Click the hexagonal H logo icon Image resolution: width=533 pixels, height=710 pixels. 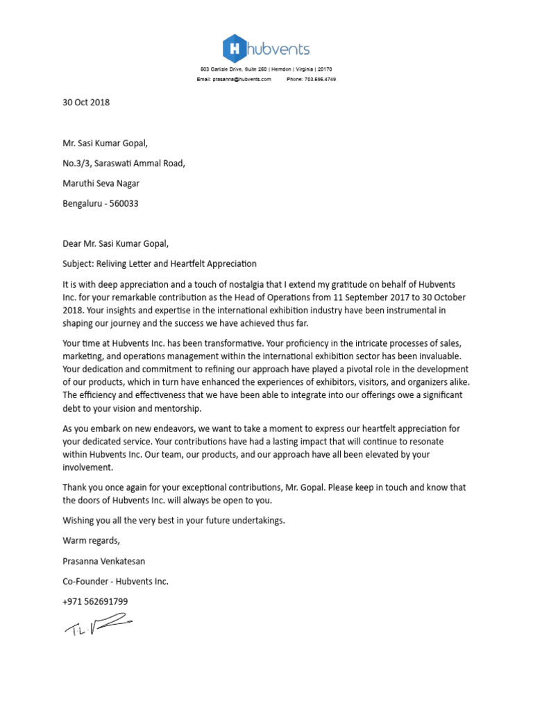[x=236, y=49]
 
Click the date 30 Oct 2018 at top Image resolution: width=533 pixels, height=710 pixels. [x=86, y=103]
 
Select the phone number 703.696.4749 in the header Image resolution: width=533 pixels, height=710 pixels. [x=321, y=80]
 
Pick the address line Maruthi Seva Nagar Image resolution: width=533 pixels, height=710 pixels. [x=101, y=184]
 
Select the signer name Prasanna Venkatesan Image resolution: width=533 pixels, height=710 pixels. [x=104, y=561]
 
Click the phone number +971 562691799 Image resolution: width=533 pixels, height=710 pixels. [x=95, y=602]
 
